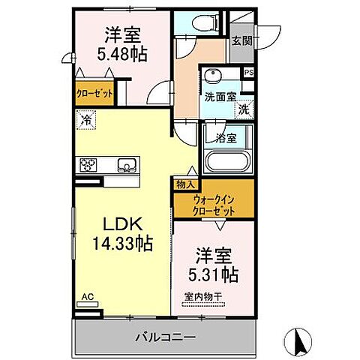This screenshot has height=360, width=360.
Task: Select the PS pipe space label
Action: (249, 73)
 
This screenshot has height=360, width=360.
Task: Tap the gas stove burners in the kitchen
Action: (89, 165)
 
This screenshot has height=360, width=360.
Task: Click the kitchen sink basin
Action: (125, 165)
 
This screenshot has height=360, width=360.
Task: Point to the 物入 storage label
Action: (187, 184)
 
